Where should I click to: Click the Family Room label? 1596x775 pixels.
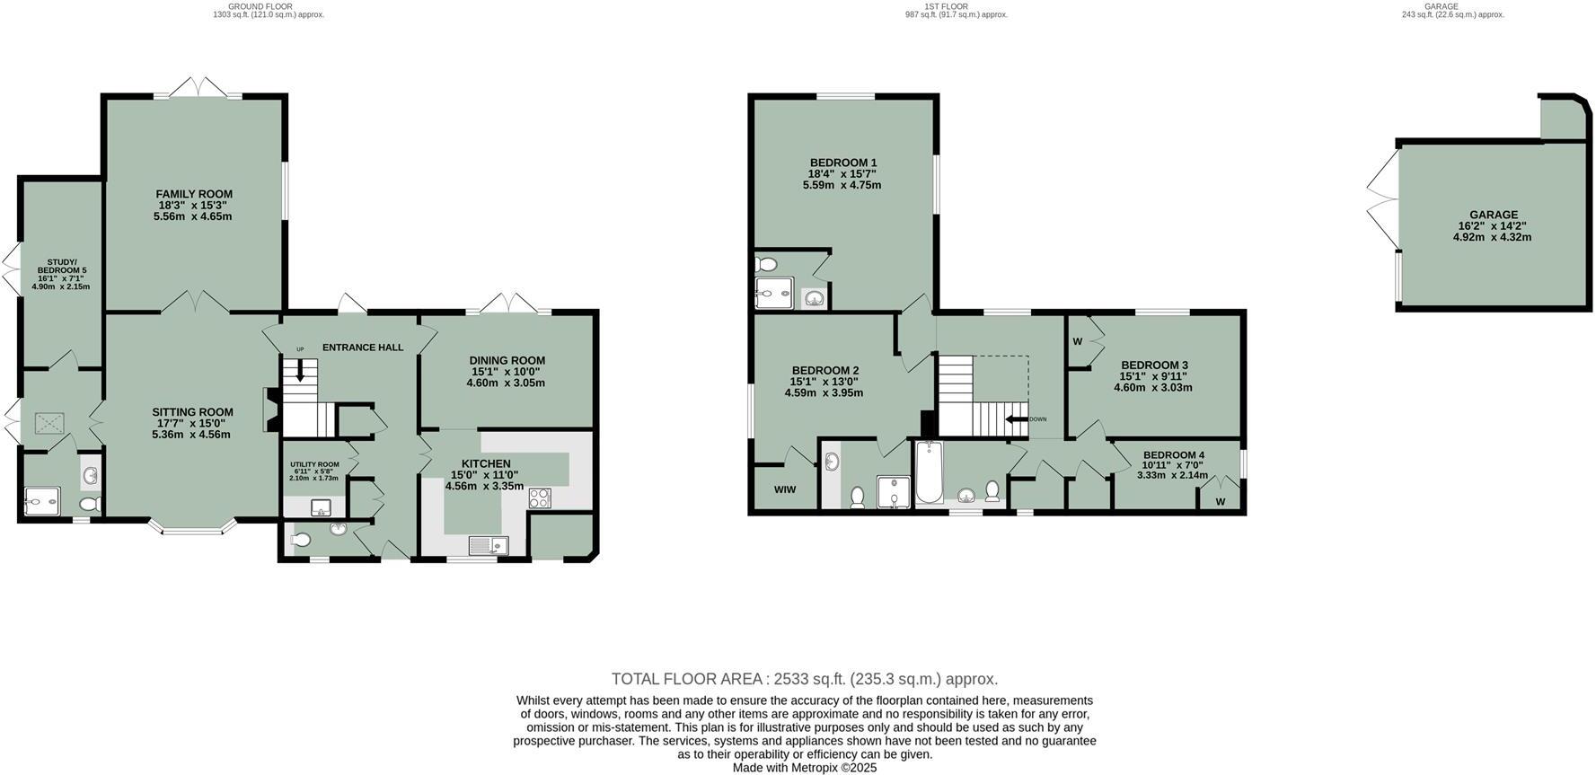[x=194, y=194]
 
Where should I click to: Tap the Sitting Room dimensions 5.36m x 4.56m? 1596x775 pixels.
[x=191, y=435]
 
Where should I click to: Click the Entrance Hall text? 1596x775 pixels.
[x=363, y=348]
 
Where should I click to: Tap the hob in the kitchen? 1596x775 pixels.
[x=540, y=498]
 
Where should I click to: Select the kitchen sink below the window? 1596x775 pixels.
[x=488, y=545]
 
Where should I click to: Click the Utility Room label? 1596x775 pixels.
[x=314, y=464]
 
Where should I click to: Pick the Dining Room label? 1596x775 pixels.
[x=507, y=360]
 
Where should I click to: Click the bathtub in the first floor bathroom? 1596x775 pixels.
[x=926, y=473]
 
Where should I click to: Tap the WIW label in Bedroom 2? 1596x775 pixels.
[x=784, y=490]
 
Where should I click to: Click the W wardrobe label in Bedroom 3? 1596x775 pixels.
[x=1077, y=341]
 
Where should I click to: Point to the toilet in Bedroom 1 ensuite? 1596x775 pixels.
[x=765, y=264]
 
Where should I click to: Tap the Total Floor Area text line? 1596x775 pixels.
[x=804, y=679]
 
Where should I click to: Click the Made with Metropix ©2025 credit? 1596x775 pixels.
[x=804, y=768]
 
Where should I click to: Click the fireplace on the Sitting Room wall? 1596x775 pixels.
[x=268, y=410]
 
